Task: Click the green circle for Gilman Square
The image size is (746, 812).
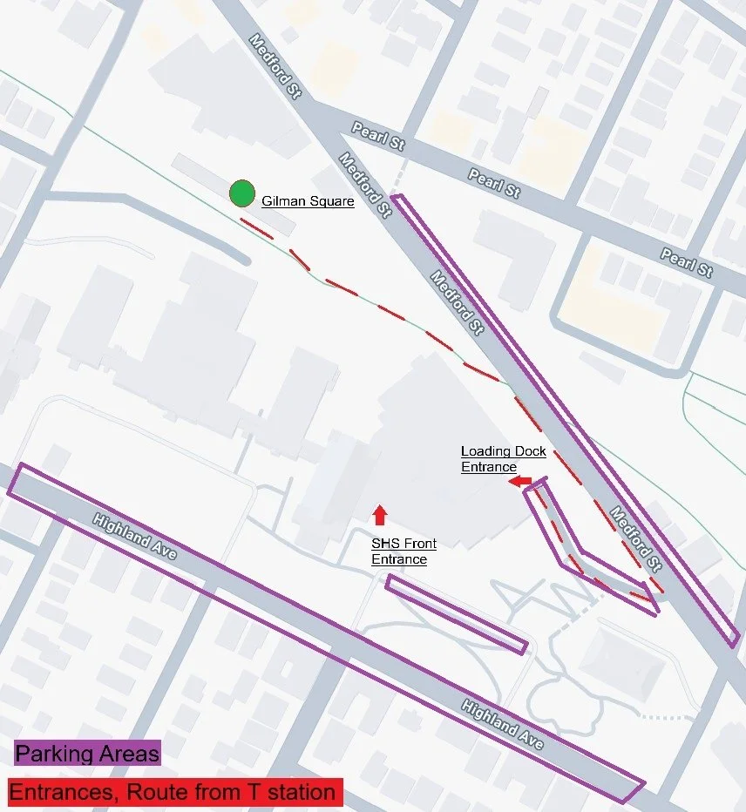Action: click(241, 193)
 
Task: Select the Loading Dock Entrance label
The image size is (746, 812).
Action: click(503, 458)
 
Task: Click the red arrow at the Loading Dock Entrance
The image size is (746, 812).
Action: click(520, 481)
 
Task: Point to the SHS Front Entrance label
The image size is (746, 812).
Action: click(404, 551)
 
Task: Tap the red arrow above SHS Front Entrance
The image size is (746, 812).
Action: click(379, 515)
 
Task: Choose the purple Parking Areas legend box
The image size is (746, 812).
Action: click(88, 754)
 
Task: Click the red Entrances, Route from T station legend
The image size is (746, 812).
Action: click(175, 792)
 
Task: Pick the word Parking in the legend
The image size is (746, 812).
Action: click(51, 754)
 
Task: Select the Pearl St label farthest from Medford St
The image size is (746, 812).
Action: click(688, 261)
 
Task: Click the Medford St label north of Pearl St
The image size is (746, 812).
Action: click(275, 66)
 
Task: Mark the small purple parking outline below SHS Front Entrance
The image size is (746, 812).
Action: click(457, 614)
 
